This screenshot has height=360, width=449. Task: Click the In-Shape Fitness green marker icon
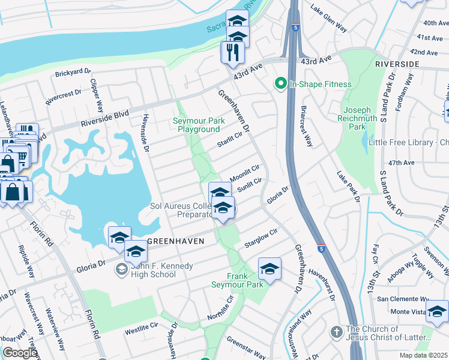tap(280, 84)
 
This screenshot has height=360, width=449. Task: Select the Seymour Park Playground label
tap(199, 125)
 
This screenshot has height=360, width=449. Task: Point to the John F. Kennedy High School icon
tap(122, 270)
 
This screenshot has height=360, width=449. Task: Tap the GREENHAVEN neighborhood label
tap(175, 241)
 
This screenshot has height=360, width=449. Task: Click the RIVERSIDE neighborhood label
tap(397, 64)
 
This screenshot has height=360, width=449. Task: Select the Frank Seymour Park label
tap(237, 280)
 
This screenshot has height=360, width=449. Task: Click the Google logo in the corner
tap(20, 353)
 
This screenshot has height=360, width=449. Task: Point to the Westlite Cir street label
tap(140, 331)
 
